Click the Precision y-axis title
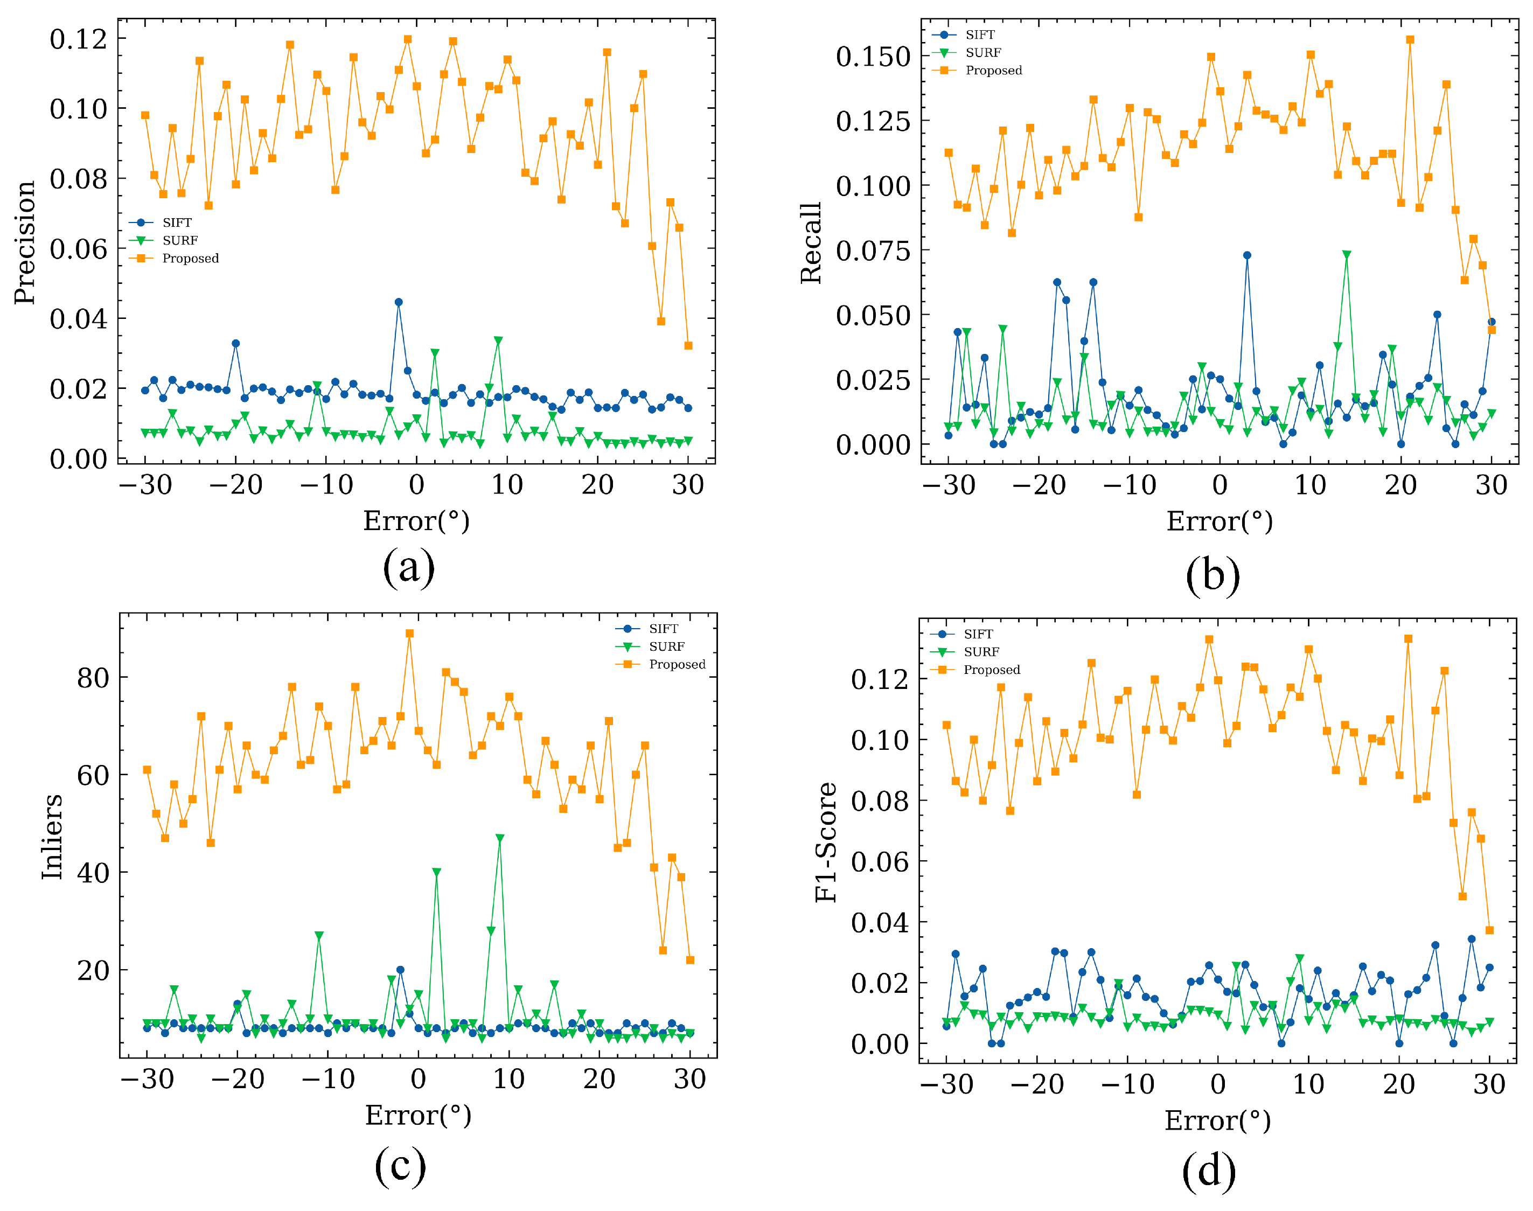[x=25, y=242]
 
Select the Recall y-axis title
[x=811, y=243]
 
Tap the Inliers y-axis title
[x=52, y=837]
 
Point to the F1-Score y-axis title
[x=826, y=843]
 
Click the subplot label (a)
[x=408, y=567]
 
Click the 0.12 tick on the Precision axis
[x=78, y=39]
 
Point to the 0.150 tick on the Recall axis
[x=873, y=57]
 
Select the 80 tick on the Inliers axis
[x=93, y=678]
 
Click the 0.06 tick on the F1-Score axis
[x=879, y=861]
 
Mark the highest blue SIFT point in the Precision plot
[x=399, y=302]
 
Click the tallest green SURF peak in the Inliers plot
[x=500, y=838]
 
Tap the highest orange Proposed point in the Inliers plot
[x=410, y=634]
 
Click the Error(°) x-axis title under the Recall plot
[x=1220, y=521]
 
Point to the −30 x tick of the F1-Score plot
[x=946, y=1085]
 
